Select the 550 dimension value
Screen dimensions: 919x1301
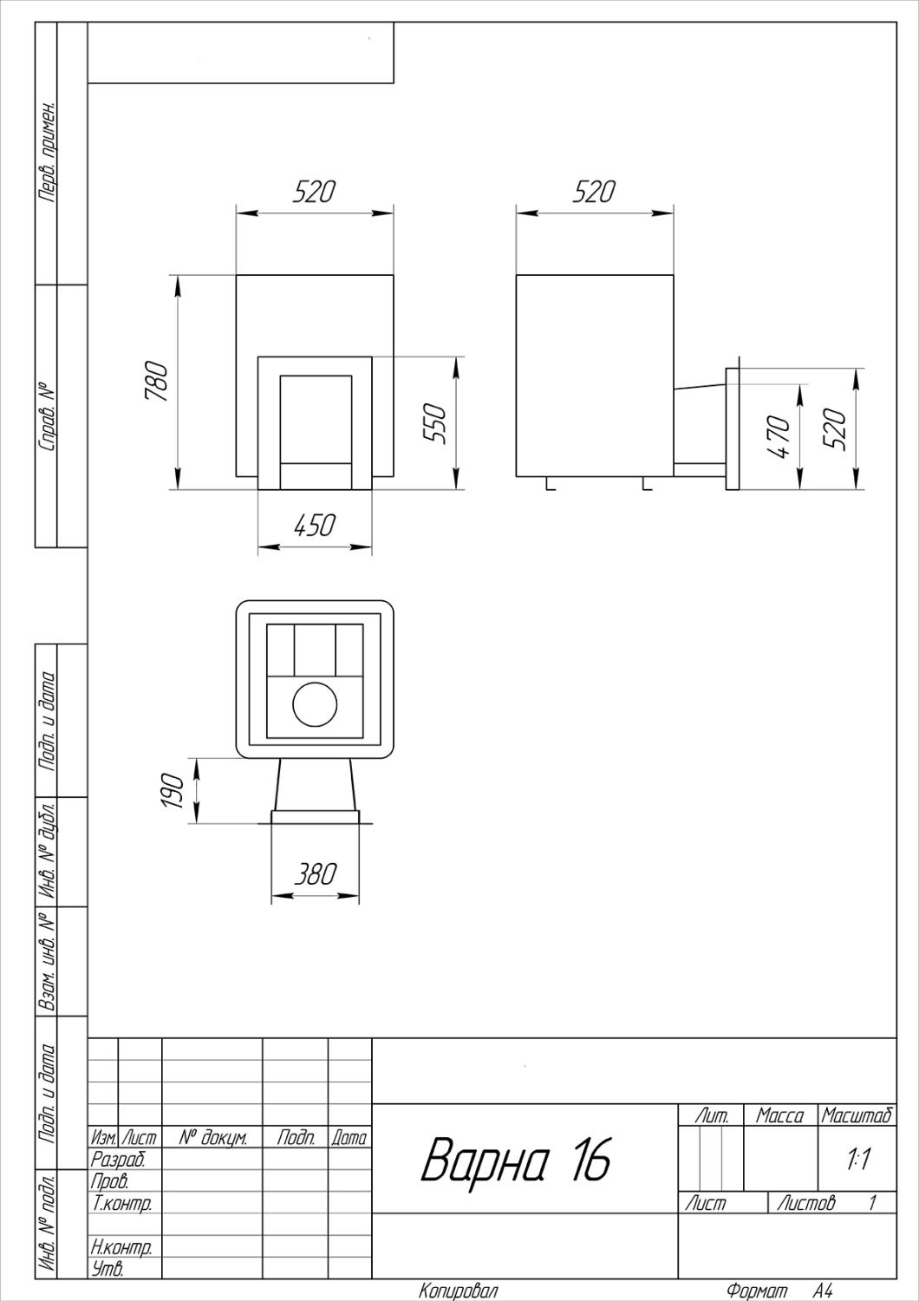[435, 424]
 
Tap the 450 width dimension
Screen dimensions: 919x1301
[315, 526]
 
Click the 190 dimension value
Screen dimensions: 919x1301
[173, 790]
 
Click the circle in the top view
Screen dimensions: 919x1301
[315, 704]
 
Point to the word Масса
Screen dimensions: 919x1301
[780, 1115]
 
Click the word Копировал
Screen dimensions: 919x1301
[458, 1291]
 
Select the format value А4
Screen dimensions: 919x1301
[823, 1291]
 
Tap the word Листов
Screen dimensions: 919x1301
[806, 1202]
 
